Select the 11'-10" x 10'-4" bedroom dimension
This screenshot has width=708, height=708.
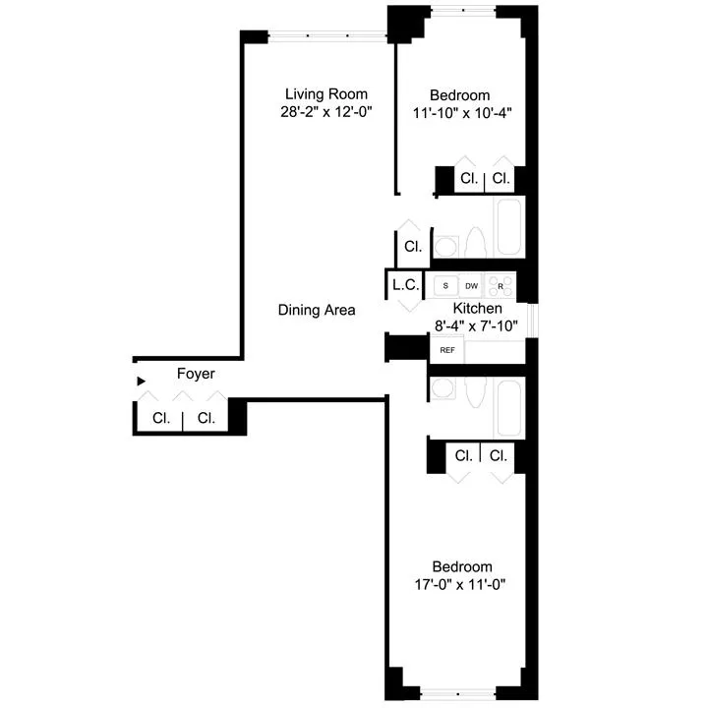[462, 112]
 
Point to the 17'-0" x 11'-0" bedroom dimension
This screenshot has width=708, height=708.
[462, 585]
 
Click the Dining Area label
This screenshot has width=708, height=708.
[317, 310]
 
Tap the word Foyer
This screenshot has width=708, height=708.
[196, 375]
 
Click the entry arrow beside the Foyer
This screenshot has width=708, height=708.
[142, 380]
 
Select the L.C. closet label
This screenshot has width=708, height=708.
[405, 285]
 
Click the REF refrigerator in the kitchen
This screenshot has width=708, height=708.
[446, 350]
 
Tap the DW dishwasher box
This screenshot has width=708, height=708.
[472, 286]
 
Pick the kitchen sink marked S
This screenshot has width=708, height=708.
[445, 286]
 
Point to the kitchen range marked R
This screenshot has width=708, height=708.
[500, 285]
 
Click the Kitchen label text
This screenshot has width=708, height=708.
[478, 309]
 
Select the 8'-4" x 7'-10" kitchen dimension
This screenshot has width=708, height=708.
[478, 325]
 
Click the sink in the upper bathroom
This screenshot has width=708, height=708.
[444, 244]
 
